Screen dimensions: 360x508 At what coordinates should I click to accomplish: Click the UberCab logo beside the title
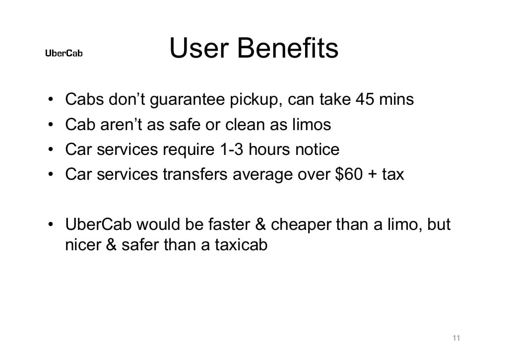[64, 53]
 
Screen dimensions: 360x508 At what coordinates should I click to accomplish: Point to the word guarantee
[188, 100]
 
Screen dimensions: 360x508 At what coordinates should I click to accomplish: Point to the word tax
[393, 174]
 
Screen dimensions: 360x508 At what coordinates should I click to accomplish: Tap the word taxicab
[241, 245]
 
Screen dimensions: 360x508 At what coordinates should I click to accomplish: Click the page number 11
[457, 338]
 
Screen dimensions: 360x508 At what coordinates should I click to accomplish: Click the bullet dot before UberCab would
[51, 224]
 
